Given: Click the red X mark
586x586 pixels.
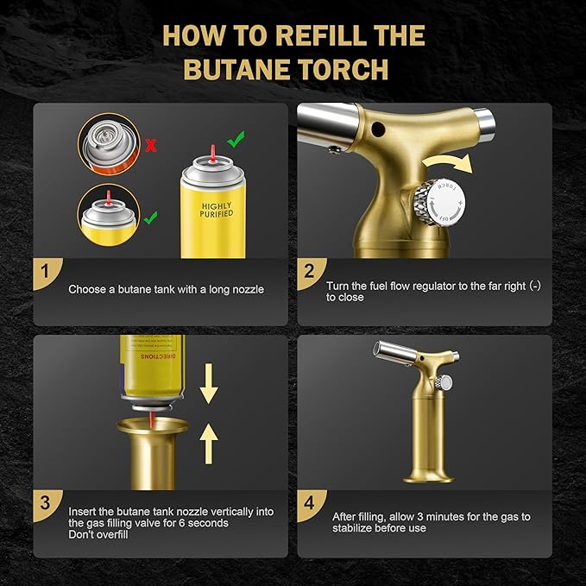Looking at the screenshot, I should (150, 145).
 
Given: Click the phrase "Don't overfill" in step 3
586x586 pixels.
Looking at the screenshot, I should (101, 535).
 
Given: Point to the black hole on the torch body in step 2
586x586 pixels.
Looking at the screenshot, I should (377, 129).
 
